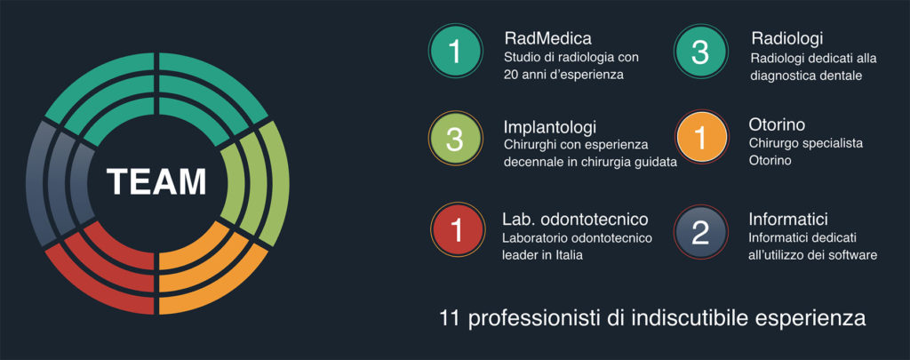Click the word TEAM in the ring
point(156,181)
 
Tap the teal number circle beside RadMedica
point(455,52)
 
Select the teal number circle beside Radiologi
point(700,52)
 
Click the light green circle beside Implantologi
point(455,139)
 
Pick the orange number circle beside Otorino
point(701,138)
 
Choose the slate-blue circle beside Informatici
point(700,232)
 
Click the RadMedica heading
point(547,39)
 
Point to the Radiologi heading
point(787,39)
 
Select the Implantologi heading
point(550,126)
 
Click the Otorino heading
point(777,124)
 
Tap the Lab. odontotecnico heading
point(575,220)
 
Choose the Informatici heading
point(788,220)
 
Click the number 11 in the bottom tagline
point(451,319)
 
